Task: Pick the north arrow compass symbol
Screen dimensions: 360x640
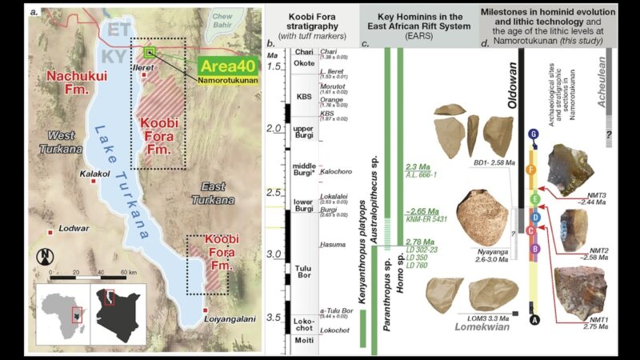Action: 45,258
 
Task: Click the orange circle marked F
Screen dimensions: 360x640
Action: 530,169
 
